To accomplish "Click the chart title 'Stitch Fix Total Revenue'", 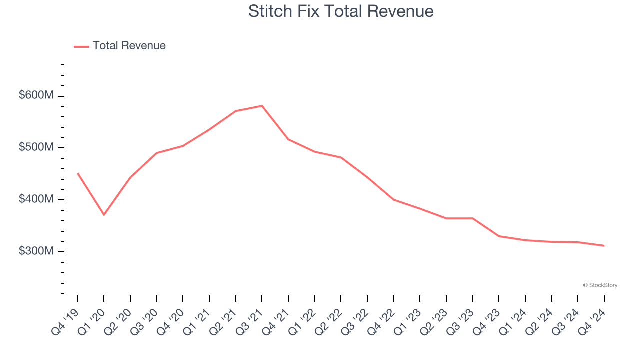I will click(x=341, y=11).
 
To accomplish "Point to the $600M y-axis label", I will click(x=36, y=95).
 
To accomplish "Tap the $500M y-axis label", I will click(x=36, y=147).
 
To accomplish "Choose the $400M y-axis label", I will click(x=36, y=199).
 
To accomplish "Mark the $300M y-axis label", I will click(x=36, y=251).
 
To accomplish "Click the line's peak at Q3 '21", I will click(x=262, y=106).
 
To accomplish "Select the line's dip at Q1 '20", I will click(x=104, y=215).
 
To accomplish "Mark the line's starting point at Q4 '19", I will click(x=78, y=173).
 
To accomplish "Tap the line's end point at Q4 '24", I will click(x=604, y=245).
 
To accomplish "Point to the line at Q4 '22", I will click(x=394, y=199).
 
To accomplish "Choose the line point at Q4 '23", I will click(x=499, y=236).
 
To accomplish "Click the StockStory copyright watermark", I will click(x=600, y=285).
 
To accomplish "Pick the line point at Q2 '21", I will click(x=236, y=111).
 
